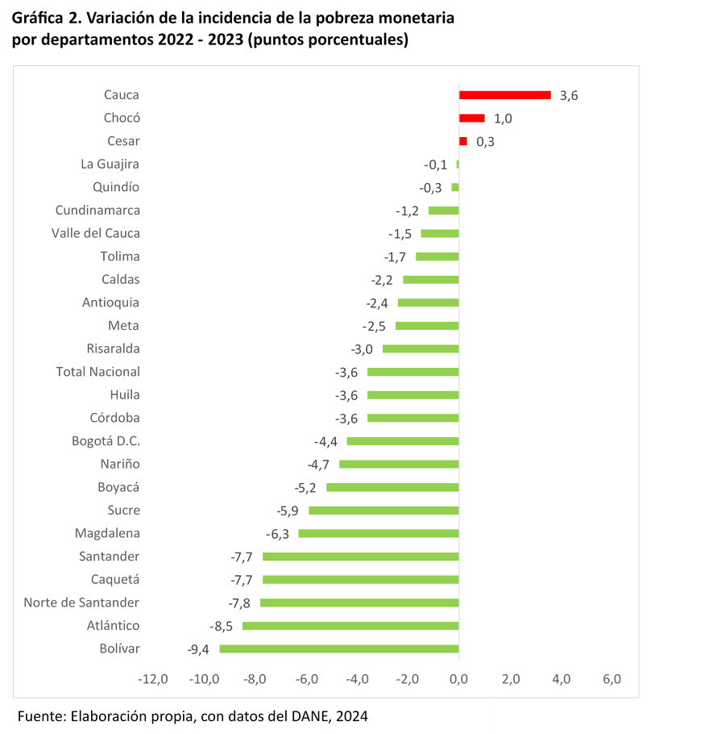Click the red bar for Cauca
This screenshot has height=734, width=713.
coord(504,95)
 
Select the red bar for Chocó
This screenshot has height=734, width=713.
coord(471,118)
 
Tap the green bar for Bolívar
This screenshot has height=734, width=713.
coord(338,649)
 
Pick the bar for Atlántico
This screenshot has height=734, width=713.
coord(350,626)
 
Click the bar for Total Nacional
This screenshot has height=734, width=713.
coord(412,372)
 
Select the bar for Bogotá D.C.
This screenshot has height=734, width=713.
coord(402,441)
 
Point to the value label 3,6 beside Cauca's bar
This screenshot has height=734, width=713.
coord(569,95)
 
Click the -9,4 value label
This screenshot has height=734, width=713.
coord(198,649)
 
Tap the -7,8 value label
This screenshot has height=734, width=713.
coord(239,603)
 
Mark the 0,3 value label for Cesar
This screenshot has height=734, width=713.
coord(485,141)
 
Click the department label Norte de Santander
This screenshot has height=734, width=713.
coord(81,603)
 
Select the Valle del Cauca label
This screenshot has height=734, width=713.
coord(95,233)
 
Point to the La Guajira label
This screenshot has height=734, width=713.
coord(110,164)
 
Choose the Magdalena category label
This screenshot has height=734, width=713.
coord(107,533)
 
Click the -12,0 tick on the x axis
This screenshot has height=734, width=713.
coord(152,679)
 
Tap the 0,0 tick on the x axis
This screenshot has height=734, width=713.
coord(458,679)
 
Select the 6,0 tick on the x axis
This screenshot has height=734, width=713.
coord(611,679)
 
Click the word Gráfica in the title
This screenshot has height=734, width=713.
coord(39,18)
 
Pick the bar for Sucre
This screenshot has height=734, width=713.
coord(383,511)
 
